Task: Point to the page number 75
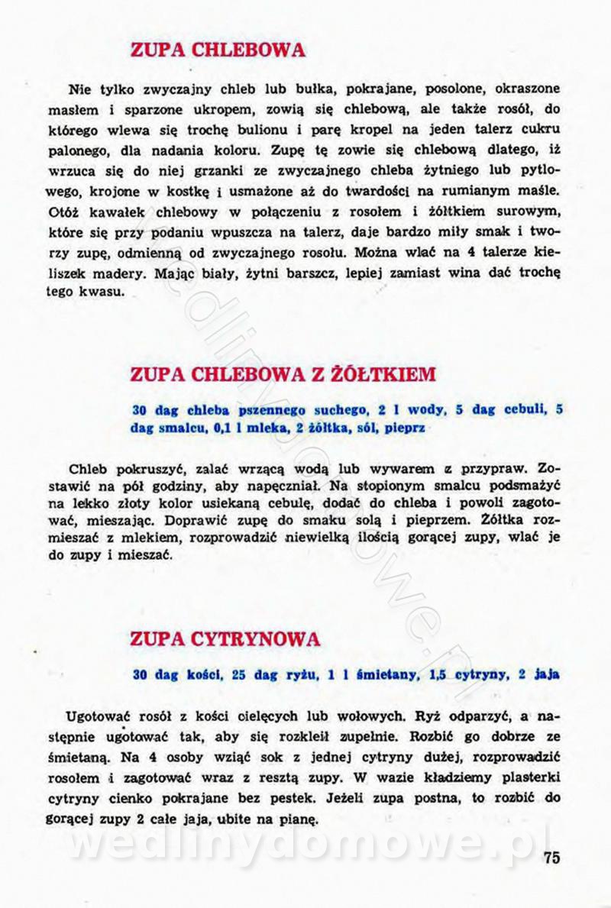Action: (552, 857)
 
